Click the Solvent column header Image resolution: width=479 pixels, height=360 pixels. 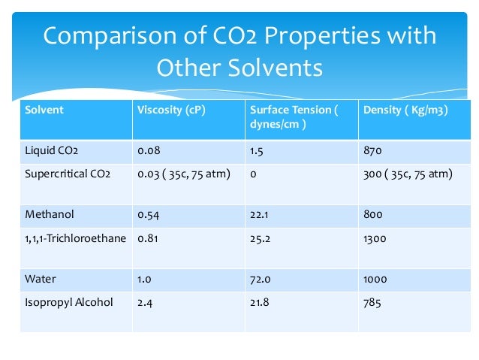(x=44, y=110)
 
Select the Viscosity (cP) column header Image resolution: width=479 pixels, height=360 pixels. (x=172, y=110)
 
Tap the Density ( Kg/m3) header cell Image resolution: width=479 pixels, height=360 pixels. (x=405, y=110)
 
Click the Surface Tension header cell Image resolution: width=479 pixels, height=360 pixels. (x=294, y=117)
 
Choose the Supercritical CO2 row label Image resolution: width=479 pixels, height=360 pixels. (x=68, y=174)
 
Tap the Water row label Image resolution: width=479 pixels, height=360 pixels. (x=41, y=279)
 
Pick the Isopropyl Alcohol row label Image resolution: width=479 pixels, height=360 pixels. (x=69, y=302)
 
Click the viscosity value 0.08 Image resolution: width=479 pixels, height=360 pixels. (x=149, y=151)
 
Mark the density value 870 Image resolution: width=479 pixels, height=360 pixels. (x=372, y=151)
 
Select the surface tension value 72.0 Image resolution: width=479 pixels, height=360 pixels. (x=260, y=279)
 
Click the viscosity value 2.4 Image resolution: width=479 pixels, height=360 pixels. (x=145, y=302)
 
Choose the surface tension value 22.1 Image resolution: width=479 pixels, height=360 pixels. (x=259, y=214)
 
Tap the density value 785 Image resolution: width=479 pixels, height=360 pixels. (x=372, y=302)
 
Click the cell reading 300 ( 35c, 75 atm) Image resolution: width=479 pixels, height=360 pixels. (x=408, y=174)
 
